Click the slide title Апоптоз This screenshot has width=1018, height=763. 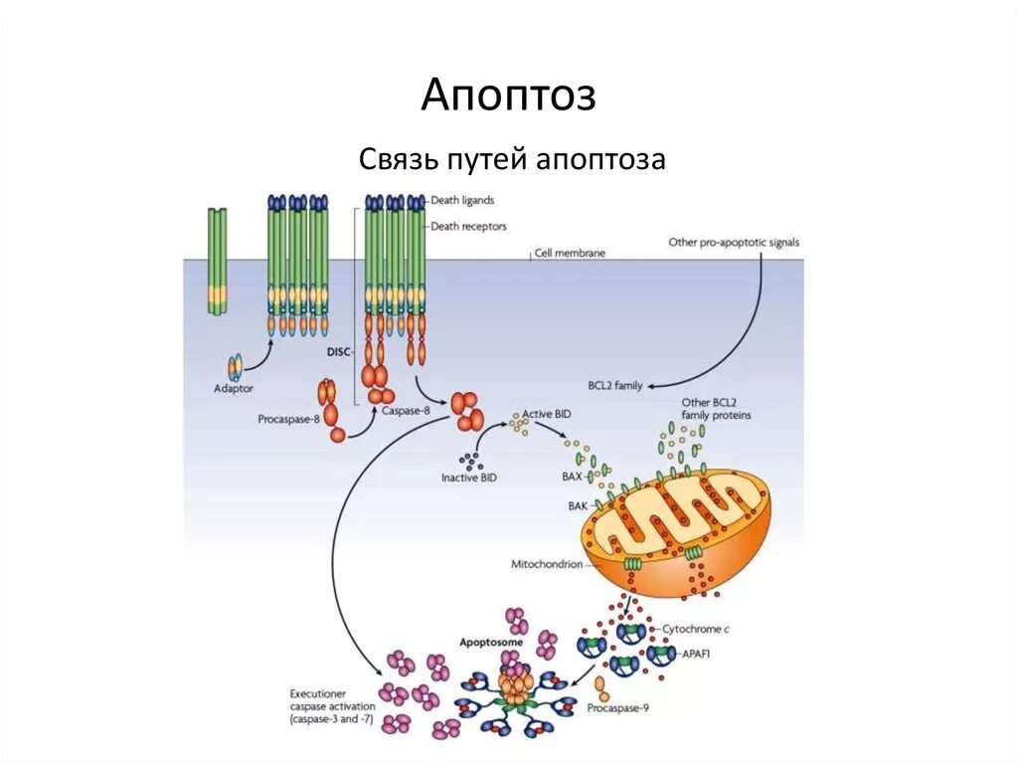tap(508, 95)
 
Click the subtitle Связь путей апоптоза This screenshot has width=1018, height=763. tap(510, 158)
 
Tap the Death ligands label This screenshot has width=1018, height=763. tap(462, 200)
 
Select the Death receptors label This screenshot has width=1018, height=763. tap(468, 226)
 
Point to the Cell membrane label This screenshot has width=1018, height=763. tap(569, 254)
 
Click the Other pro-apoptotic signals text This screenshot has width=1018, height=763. tap(734, 242)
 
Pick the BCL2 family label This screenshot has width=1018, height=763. tap(615, 385)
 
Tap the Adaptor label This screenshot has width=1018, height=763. tap(235, 389)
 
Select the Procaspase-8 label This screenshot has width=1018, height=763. tap(288, 419)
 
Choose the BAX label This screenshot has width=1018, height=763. tap(572, 477)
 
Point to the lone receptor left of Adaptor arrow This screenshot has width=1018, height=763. tap(217, 261)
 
